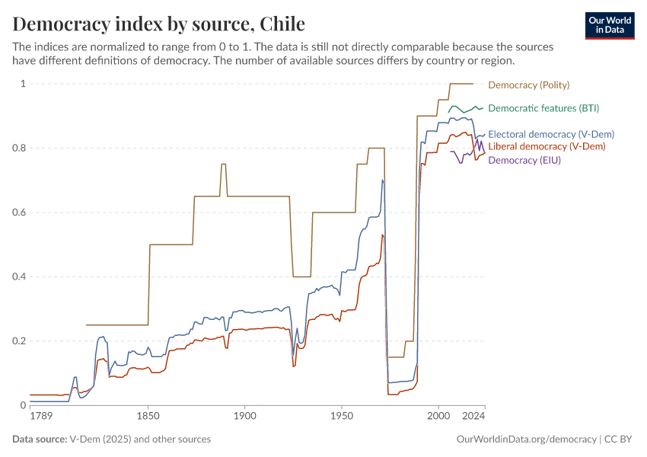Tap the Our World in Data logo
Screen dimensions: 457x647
(x=609, y=25)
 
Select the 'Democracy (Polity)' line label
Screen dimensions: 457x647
(x=528, y=85)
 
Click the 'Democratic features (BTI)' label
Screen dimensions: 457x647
(x=543, y=108)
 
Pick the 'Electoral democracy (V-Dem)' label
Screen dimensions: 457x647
(x=550, y=134)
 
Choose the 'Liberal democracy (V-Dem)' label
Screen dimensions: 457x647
(x=547, y=146)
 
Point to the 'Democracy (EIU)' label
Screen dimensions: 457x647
(x=524, y=160)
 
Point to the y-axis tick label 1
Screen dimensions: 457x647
(x=23, y=84)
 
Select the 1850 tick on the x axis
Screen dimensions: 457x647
(x=148, y=417)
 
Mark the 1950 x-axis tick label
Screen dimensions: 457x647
(x=342, y=417)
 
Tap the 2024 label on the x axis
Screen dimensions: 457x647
(x=474, y=417)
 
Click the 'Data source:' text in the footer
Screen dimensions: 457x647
(x=40, y=439)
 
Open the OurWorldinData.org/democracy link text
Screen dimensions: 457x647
(x=526, y=439)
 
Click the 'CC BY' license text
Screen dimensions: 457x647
(x=619, y=439)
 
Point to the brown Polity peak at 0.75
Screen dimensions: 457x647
(x=224, y=165)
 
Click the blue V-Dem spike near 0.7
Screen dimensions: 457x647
(x=383, y=181)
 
